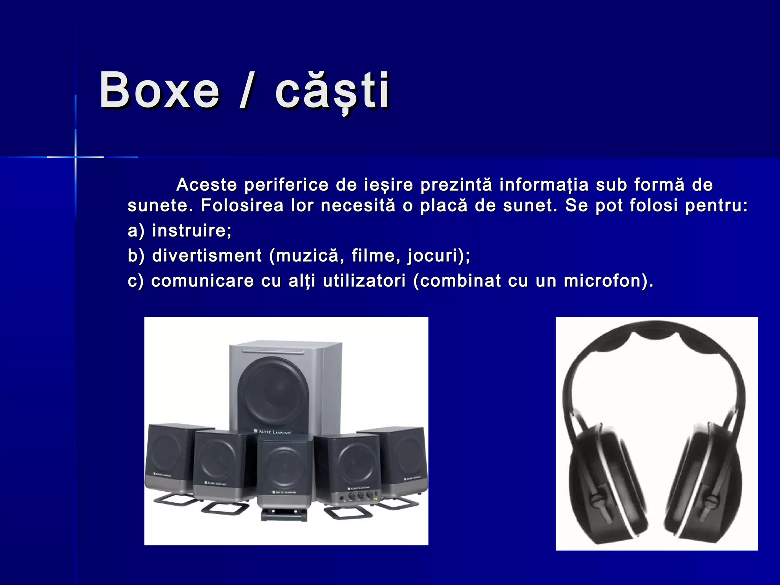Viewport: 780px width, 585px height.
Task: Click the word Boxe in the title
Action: pyautogui.click(x=159, y=91)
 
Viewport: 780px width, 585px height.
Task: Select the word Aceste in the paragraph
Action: pyautogui.click(x=207, y=185)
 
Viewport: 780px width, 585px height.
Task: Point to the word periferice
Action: pyautogui.click(x=286, y=185)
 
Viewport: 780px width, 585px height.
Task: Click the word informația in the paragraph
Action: pyautogui.click(x=544, y=185)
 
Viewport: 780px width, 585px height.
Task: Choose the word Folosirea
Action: pyautogui.click(x=242, y=206)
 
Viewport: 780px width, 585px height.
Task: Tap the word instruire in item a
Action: pyautogui.click(x=191, y=231)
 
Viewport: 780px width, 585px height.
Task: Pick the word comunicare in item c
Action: pyautogui.click(x=203, y=281)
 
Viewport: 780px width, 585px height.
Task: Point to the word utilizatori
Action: pyautogui.click(x=364, y=281)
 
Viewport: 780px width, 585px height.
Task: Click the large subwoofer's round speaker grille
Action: pyautogui.click(x=273, y=392)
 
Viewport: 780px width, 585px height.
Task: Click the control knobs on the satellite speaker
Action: pyautogui.click(x=360, y=496)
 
